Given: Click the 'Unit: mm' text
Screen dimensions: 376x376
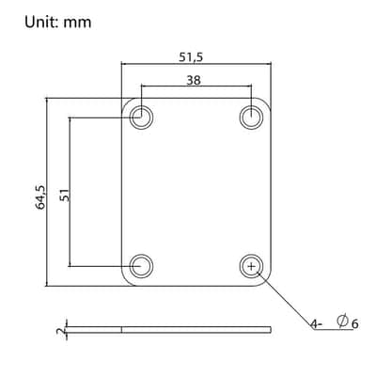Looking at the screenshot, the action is click(x=58, y=23).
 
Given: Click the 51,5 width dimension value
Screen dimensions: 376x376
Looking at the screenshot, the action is click(x=191, y=57).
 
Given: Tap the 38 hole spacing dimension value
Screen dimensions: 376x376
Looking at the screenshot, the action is click(x=194, y=81).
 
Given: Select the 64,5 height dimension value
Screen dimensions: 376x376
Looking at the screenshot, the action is click(x=40, y=197).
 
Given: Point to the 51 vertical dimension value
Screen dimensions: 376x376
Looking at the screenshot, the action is click(x=65, y=196).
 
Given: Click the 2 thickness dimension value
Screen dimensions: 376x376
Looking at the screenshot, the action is click(x=61, y=330).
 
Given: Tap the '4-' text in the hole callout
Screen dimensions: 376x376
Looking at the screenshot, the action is click(x=316, y=324).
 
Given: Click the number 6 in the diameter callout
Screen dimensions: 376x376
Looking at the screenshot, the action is click(x=354, y=323).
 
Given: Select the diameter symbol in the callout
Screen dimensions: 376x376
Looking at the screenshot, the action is click(x=342, y=321).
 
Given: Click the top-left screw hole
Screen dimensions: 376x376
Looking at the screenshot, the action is click(x=141, y=117).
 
